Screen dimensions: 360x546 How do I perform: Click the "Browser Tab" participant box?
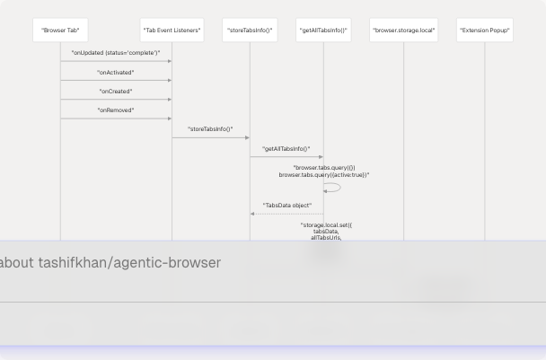(x=60, y=31)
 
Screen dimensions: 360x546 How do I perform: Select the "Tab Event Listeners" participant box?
(x=172, y=31)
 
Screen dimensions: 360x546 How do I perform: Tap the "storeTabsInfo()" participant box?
(x=250, y=31)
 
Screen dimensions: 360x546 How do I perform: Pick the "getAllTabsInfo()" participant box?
(x=323, y=31)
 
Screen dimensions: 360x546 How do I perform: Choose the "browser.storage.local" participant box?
(x=403, y=31)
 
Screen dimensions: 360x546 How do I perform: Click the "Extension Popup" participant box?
(x=485, y=31)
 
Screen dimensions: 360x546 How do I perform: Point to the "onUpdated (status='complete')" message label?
(x=116, y=53)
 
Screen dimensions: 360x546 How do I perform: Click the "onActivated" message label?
(x=116, y=73)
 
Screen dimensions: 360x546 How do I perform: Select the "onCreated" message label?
(x=116, y=92)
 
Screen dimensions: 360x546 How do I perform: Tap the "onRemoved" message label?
(x=116, y=110)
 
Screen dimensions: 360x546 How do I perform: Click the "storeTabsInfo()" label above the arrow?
(x=211, y=129)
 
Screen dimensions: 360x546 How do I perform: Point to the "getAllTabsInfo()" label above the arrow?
(x=286, y=149)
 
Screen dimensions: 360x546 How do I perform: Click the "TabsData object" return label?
(x=287, y=206)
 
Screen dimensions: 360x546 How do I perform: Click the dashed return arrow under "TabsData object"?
(x=287, y=214)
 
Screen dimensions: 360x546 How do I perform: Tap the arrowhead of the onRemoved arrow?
(x=169, y=119)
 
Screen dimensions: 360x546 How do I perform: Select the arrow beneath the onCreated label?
(x=116, y=100)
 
